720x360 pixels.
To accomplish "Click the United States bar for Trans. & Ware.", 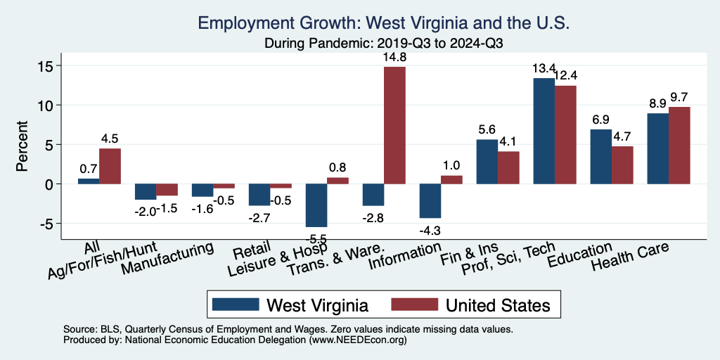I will pyautogui.click(x=394, y=125).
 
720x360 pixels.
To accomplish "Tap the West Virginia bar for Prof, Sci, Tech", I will pyautogui.click(x=544, y=131).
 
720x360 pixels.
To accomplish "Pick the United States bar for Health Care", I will pyautogui.click(x=679, y=146).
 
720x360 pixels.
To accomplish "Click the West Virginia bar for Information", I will pyautogui.click(x=430, y=200).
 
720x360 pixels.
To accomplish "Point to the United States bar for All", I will pyautogui.click(x=110, y=166).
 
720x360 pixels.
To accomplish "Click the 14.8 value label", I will pyautogui.click(x=394, y=56).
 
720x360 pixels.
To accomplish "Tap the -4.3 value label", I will pyautogui.click(x=430, y=229).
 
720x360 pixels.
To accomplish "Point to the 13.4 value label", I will pyautogui.click(x=544, y=68).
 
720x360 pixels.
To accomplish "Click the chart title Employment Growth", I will pyautogui.click(x=384, y=22).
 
